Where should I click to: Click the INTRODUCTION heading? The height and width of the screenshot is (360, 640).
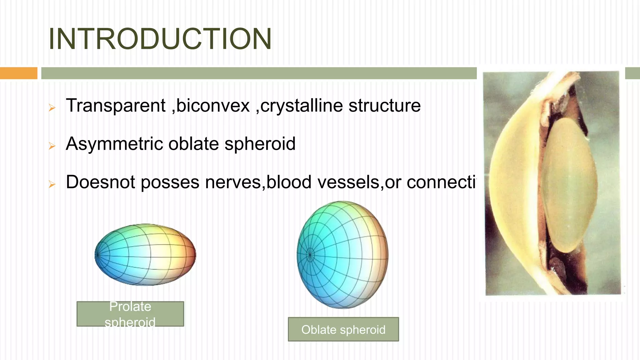tap(160, 39)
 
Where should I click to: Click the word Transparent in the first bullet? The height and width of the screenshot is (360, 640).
tap(116, 106)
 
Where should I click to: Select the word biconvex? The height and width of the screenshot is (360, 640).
tap(213, 106)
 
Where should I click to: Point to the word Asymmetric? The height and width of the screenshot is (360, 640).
tap(114, 144)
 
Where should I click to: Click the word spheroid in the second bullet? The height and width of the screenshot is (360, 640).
tap(260, 144)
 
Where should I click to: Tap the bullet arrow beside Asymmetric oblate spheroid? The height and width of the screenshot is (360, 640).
tap(52, 146)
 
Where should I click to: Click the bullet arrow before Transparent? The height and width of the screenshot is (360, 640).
tap(52, 108)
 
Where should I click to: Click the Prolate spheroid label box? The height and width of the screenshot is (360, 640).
tap(130, 314)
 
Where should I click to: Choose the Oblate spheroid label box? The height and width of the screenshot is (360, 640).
tap(343, 329)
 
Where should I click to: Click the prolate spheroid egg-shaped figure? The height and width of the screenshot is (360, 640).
tap(146, 254)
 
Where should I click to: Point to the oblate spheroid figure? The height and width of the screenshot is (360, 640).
tap(342, 254)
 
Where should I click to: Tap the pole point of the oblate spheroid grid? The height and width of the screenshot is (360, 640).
tap(310, 255)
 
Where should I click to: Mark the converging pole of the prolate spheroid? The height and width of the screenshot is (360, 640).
tap(97, 255)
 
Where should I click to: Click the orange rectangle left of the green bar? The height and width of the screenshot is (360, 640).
tap(18, 73)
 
